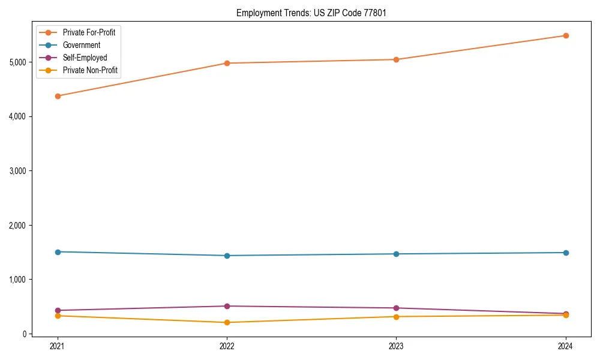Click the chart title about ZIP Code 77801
pos(307,13)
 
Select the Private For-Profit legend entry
pos(89,32)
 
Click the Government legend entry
pos(82,45)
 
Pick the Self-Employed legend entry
pos(85,58)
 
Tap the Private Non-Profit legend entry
pos(90,71)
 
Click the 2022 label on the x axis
pos(227,346)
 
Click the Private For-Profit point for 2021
pos(58,96)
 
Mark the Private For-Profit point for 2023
pos(396,59)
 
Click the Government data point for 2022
pos(227,256)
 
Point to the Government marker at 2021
pos(58,252)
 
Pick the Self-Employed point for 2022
pos(227,306)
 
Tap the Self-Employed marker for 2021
pos(58,310)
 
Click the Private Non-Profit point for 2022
pos(227,322)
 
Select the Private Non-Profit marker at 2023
pos(396,316)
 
